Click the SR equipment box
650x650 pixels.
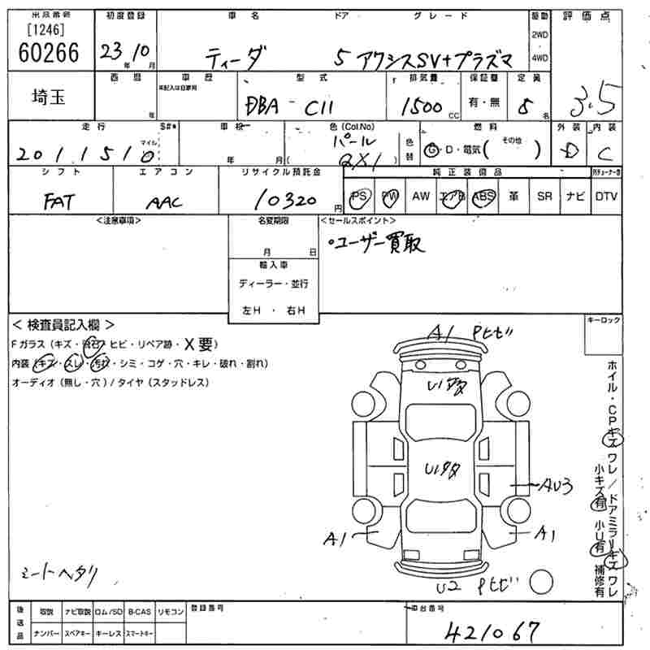tap(544, 197)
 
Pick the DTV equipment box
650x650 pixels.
tap(605, 197)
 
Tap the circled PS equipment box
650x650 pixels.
tap(358, 197)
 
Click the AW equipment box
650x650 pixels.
tap(420, 197)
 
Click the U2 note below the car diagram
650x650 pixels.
tap(445, 586)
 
